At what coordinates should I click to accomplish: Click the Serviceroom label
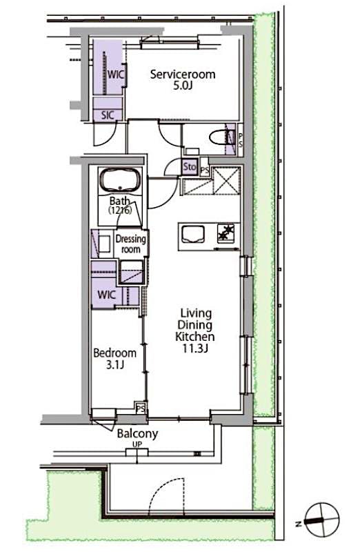point(183,74)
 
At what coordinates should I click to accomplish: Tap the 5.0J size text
point(183,87)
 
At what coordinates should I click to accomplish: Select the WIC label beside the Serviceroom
point(114,75)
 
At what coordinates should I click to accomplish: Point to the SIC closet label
point(108,115)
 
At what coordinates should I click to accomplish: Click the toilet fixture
point(220,135)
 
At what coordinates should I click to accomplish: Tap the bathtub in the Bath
point(120,181)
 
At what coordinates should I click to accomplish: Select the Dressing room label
point(131,244)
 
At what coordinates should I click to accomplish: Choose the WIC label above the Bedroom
point(107,295)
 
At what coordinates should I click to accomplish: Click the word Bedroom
point(114,353)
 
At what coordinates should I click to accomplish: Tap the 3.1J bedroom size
point(114,366)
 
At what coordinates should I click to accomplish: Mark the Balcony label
point(137,433)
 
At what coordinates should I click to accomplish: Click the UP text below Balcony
point(137,445)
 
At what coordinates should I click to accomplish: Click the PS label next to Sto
point(204,167)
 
